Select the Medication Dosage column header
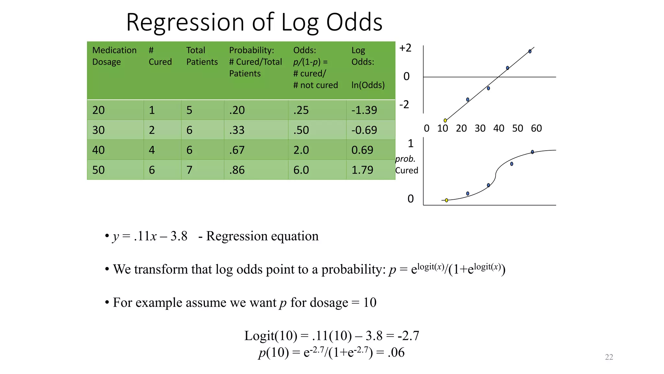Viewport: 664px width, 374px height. pos(114,56)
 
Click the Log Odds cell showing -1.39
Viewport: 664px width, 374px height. pos(364,110)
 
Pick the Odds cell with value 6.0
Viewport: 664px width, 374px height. pos(301,170)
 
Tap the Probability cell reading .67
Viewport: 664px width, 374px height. pos(237,150)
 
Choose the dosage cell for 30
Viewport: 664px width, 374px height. pos(99,130)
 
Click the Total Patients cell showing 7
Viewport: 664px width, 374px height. pos(189,170)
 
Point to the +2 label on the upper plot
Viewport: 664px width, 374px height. pos(405,48)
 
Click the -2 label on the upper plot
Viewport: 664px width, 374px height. pos(404,105)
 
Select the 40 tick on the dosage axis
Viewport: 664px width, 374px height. pos(499,129)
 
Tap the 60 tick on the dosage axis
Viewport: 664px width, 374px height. pos(536,129)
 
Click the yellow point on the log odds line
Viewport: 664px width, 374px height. pos(445,120)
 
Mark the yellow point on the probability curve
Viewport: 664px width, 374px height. pos(446,200)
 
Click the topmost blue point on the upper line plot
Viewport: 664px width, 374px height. pos(530,51)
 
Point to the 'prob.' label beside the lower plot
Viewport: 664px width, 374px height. pos(405,159)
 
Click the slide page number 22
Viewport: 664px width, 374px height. pos(609,357)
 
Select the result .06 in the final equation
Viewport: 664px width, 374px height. pos(396,353)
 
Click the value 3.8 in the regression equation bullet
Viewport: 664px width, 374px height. pos(179,236)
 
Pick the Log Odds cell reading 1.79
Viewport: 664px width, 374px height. pos(362,170)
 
